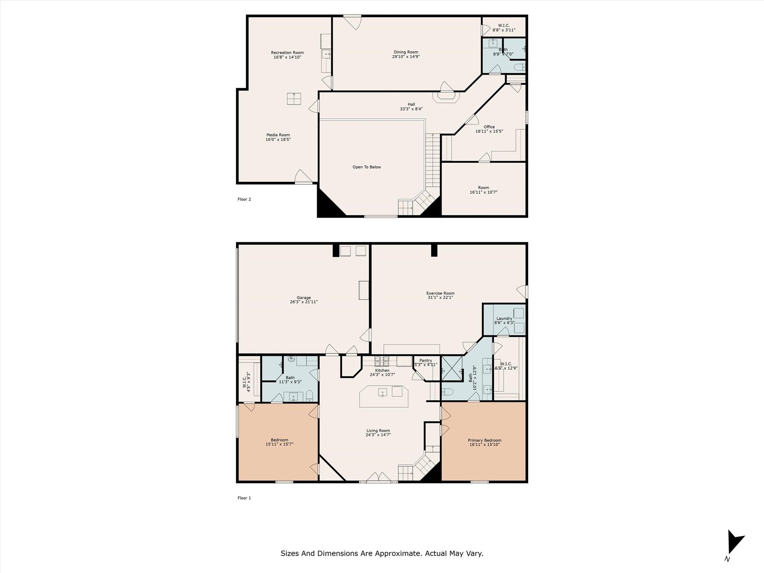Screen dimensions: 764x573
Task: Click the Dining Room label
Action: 406,52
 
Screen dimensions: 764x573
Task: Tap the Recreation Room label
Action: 287,53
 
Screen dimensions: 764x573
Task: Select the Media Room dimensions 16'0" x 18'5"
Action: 278,140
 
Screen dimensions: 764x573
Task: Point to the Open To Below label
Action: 367,167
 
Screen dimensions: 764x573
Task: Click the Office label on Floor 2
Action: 489,127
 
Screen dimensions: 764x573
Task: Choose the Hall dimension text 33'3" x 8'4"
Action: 411,109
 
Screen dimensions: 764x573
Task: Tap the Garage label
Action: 304,298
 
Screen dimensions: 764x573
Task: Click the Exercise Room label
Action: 440,293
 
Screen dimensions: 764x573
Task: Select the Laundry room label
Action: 504,319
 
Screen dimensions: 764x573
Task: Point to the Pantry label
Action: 426,361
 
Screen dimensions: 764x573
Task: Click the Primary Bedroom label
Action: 485,440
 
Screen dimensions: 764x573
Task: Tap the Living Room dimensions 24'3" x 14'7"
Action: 378,435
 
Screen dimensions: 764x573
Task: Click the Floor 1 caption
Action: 244,498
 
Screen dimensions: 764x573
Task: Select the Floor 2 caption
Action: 244,199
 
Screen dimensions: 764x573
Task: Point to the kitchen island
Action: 384,397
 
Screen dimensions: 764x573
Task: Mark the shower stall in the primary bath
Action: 452,368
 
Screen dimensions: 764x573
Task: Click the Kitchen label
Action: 382,370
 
